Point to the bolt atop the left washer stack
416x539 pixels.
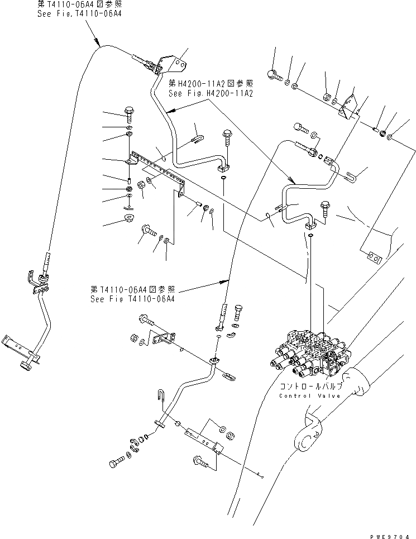(x=129, y=114)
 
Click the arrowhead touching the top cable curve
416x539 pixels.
(x=99, y=44)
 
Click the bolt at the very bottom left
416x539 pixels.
(x=116, y=464)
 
